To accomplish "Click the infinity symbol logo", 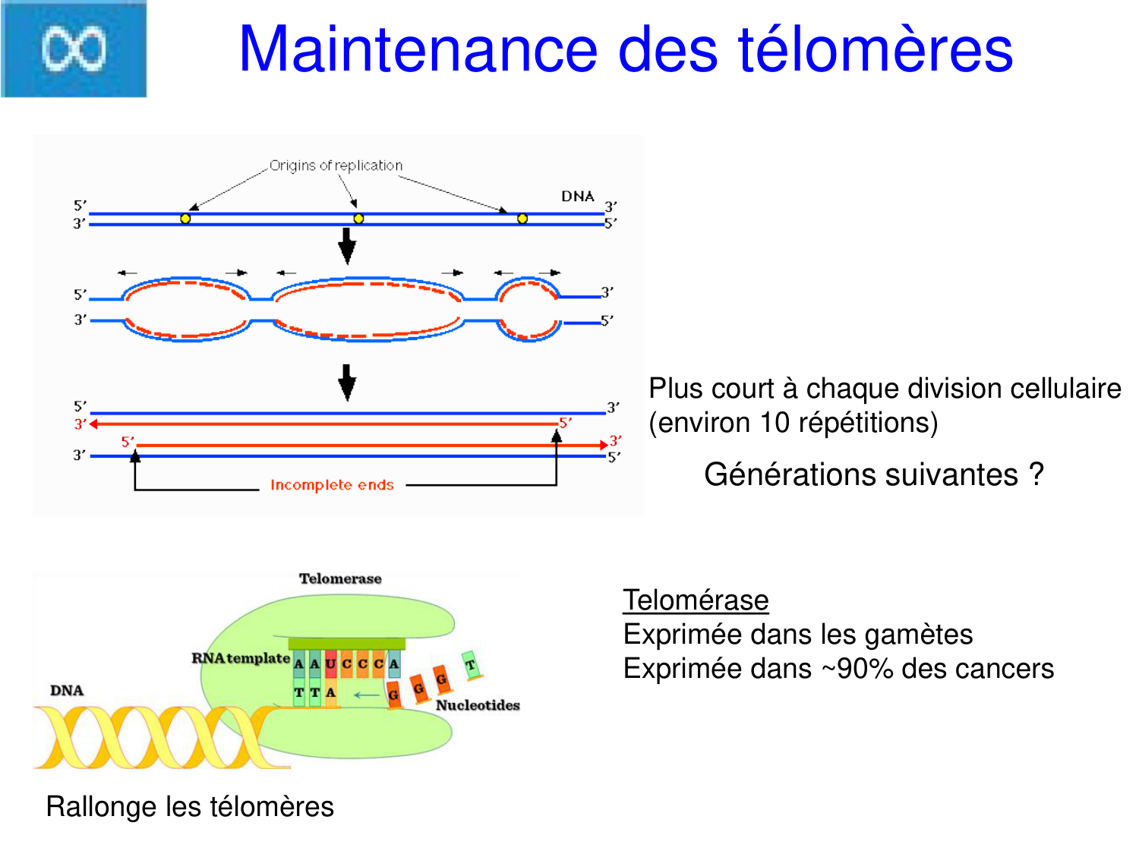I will [74, 49].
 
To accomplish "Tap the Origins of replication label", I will [336, 165].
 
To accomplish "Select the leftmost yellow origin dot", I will [185, 219].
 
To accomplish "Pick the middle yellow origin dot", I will [358, 219].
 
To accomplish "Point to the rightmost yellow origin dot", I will [522, 219].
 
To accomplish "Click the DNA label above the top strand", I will [577, 197].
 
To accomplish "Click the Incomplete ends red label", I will [332, 485].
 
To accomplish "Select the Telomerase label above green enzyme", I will [340, 578].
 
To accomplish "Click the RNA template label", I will [240, 658].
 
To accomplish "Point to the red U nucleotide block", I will [330, 664].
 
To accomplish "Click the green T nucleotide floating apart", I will [471, 665].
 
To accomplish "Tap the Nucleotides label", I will [478, 705].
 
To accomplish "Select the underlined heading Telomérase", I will [696, 600].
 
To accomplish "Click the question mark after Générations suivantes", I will [1036, 475].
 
